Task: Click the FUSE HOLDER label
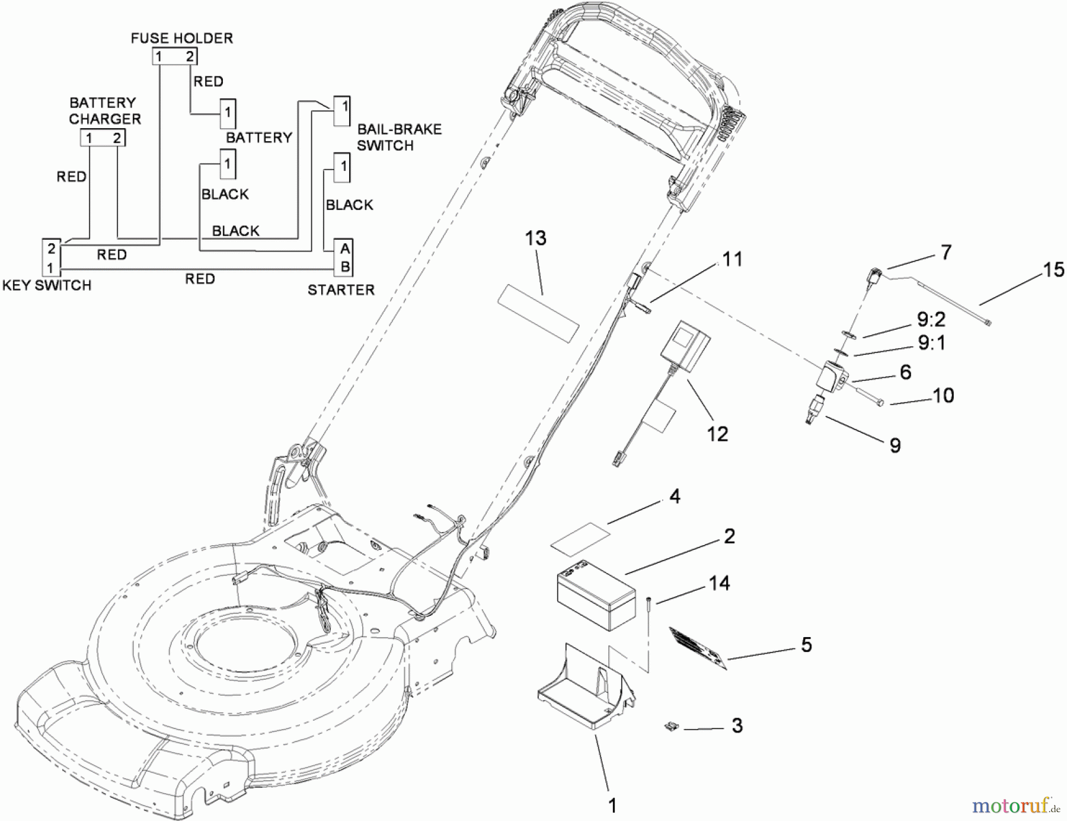point(181,38)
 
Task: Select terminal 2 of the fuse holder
point(190,56)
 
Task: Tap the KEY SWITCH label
point(47,285)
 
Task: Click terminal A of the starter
point(344,249)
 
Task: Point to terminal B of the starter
point(344,266)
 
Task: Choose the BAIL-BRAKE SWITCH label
point(399,137)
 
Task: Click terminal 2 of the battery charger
point(117,138)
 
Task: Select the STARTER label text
point(341,290)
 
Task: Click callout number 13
point(535,238)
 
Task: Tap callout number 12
point(717,434)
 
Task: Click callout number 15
point(1053,270)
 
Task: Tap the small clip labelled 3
point(671,726)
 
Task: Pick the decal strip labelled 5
point(698,648)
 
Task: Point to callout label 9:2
point(931,320)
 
